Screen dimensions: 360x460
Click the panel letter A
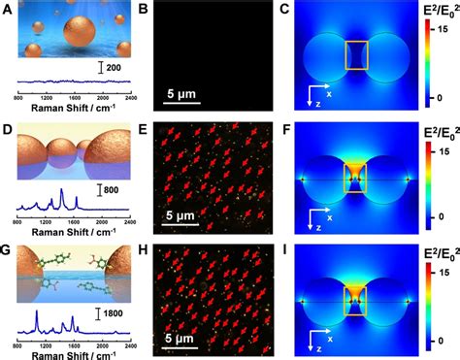tap(8, 9)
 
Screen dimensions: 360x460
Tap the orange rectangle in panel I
tap(356, 299)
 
